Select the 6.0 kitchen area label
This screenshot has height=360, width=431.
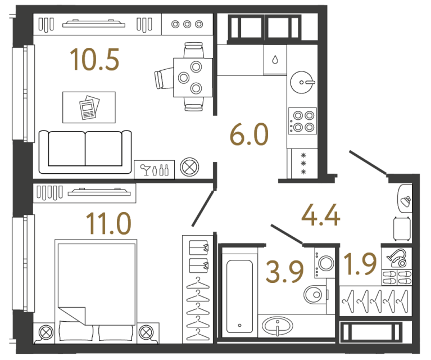pyautogui.click(x=249, y=136)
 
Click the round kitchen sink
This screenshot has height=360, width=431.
pyautogui.click(x=302, y=82)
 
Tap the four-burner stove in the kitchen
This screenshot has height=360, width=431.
pyautogui.click(x=302, y=120)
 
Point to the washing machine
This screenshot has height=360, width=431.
pyautogui.click(x=325, y=263)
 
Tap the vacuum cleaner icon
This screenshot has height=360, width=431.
pyautogui.click(x=398, y=258)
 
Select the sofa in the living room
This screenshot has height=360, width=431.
pyautogui.click(x=84, y=151)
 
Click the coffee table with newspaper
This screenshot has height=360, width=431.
pyautogui.click(x=88, y=107)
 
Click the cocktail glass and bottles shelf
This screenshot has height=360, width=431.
pyautogui.click(x=154, y=169)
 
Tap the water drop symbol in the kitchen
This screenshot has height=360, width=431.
pyautogui.click(x=275, y=60)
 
